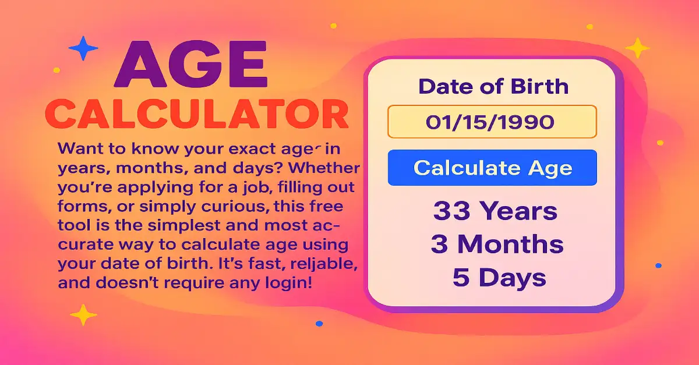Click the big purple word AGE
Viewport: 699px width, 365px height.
tap(191, 66)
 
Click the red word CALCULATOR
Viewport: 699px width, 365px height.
tap(197, 114)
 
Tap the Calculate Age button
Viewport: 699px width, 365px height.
tap(492, 168)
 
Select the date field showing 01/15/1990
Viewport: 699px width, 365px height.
tap(492, 122)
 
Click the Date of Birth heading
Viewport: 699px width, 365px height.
tap(493, 87)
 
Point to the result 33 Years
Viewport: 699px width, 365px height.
tap(495, 211)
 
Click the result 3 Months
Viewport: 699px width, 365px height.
tap(497, 244)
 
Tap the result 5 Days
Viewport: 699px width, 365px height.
tap(499, 278)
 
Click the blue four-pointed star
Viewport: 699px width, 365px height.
tap(83, 48)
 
